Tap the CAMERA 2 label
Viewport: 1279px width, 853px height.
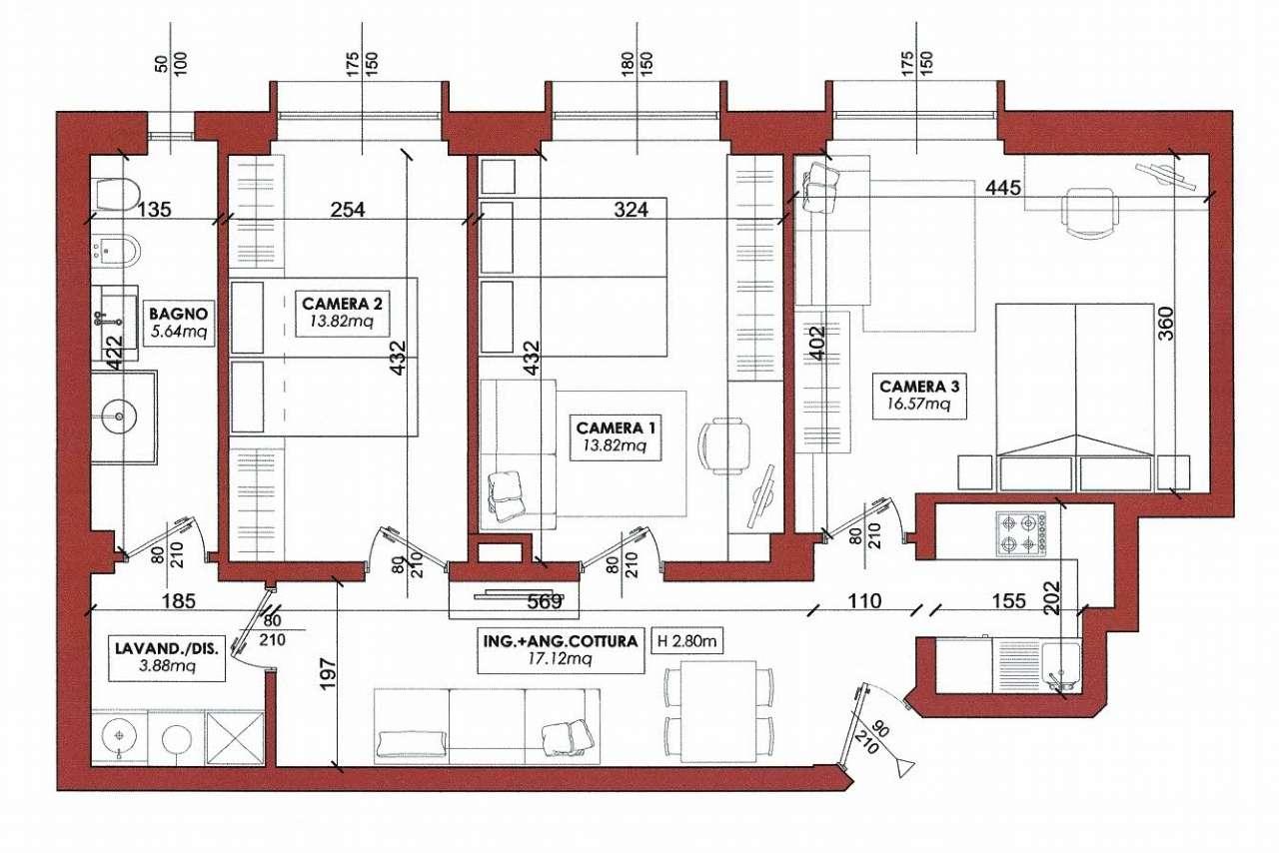tap(342, 303)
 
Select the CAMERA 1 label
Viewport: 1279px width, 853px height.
tap(616, 427)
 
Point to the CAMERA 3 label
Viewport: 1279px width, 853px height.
tap(919, 387)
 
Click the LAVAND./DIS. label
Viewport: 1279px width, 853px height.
tap(166, 648)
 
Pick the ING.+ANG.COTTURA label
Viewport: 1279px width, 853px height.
tap(561, 640)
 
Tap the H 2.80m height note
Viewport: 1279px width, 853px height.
tap(686, 640)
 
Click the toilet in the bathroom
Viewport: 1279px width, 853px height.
tap(116, 194)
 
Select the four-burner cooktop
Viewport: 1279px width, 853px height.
tap(1021, 534)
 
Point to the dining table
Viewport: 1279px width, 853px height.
tap(718, 711)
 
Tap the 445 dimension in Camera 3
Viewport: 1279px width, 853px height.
tap(1003, 187)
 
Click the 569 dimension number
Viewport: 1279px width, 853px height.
tap(545, 602)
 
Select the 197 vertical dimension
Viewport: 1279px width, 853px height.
tap(328, 674)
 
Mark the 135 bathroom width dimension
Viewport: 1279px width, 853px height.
tap(154, 210)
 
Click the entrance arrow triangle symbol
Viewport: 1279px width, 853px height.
tap(905, 767)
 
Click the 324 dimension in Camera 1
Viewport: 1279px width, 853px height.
tap(631, 210)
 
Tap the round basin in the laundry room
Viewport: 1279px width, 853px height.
tap(119, 737)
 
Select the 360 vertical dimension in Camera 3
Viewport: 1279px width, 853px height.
tap(1166, 324)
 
